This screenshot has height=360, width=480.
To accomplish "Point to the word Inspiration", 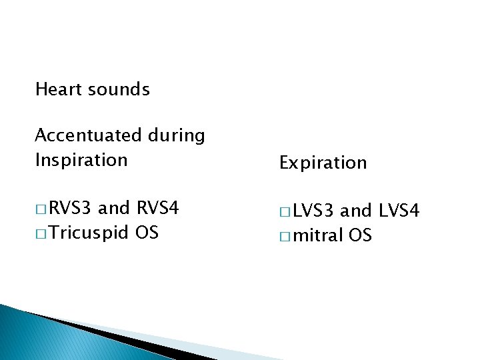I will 81,160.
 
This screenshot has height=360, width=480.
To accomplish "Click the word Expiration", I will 323,163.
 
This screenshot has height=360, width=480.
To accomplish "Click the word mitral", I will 319,235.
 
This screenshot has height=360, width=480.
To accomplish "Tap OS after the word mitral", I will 361,235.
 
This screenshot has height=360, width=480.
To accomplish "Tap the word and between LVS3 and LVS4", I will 356,211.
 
